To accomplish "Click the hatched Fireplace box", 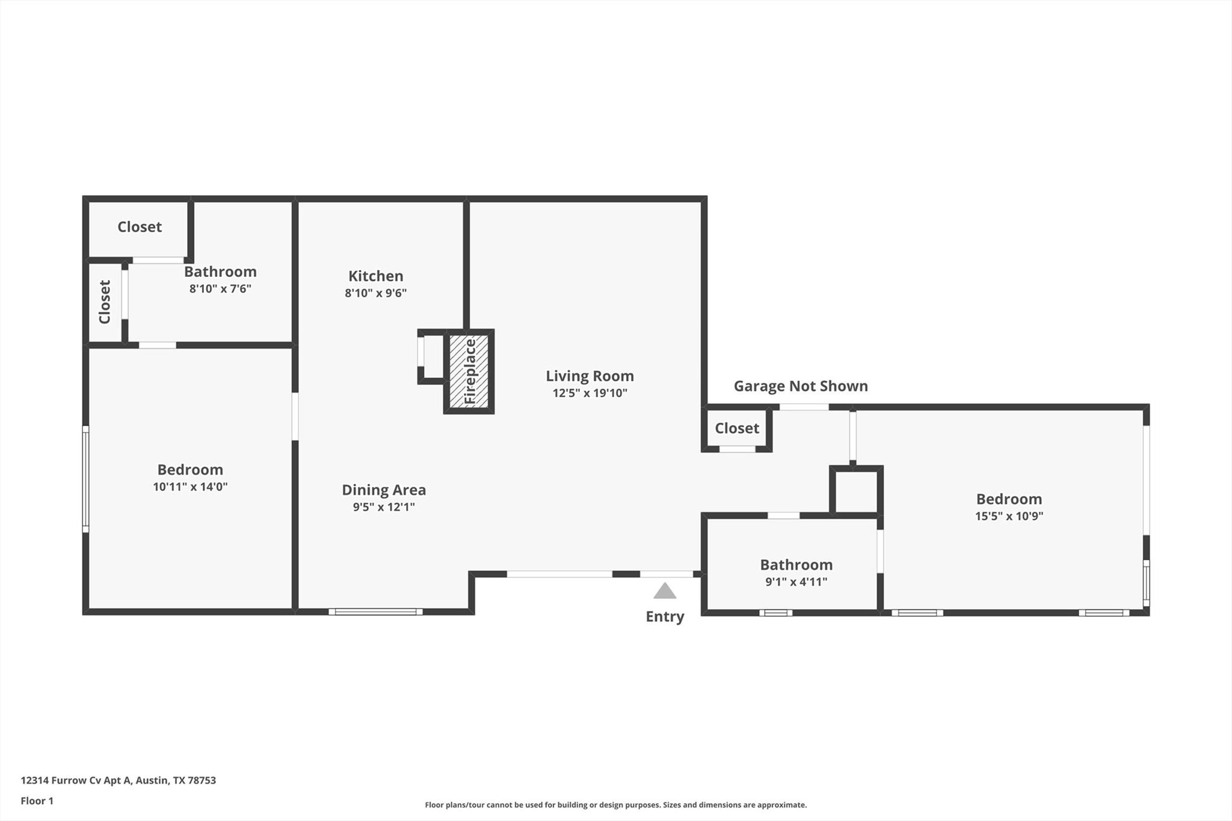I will coord(469,371).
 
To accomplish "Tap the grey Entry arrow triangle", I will coord(665,592).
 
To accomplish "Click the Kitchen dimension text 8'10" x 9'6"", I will coord(375,293).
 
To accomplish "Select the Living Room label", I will coord(590,376).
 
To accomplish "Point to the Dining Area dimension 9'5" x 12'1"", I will coord(384,507).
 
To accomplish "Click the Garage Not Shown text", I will coord(800,386).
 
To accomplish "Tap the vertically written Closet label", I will coord(105,302).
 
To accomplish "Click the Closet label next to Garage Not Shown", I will coord(736,428).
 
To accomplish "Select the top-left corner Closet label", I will coord(140,227).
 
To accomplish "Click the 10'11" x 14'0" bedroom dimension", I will coord(190,486).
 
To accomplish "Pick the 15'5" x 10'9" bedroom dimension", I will coord(1009,516).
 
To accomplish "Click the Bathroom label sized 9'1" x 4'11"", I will coord(796,565).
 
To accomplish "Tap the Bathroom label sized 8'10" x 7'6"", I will coord(220,271).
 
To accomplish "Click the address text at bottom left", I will coord(118,780).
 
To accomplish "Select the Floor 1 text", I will coord(37,801).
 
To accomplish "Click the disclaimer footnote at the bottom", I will coord(615,805).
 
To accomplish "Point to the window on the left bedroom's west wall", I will coord(85,479).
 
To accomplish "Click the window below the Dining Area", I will coord(375,612).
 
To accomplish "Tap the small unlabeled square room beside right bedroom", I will coord(856,492).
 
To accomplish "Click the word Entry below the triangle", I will coord(665,616).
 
